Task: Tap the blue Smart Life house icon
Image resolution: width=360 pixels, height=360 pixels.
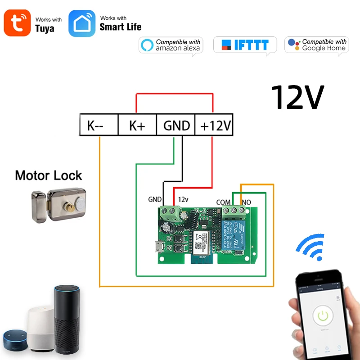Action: click(82, 23)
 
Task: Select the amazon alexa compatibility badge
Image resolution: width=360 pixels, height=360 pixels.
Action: click(171, 45)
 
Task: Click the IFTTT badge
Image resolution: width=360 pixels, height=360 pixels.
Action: click(245, 45)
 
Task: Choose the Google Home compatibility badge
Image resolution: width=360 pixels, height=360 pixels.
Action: click(317, 45)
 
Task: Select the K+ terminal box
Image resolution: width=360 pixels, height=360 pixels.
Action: click(137, 126)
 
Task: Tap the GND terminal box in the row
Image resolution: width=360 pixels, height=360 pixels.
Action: click(176, 126)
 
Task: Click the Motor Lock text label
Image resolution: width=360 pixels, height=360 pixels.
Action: click(49, 175)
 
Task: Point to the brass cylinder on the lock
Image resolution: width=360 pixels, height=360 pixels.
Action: click(72, 208)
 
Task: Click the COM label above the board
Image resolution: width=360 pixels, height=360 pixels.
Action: click(224, 203)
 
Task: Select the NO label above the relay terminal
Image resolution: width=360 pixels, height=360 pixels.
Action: click(247, 203)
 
